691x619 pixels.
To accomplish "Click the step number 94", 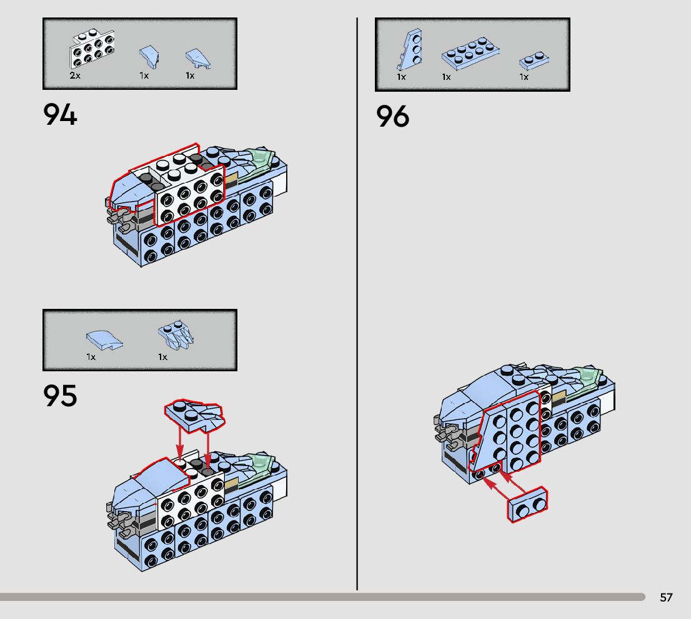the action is (x=60, y=115).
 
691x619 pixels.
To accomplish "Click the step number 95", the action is (x=60, y=396).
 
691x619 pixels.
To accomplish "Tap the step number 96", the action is (x=392, y=117).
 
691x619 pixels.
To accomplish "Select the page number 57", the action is (x=666, y=597).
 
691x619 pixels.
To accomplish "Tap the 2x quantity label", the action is (x=75, y=75).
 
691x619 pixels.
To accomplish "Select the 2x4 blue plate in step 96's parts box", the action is (x=470, y=55).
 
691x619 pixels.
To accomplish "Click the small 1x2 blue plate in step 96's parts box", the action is (x=534, y=61).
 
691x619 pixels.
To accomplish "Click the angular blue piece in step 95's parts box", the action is (x=176, y=334).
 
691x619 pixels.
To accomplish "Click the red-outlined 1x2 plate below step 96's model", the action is (x=529, y=504).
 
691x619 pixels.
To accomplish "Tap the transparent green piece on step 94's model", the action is (x=259, y=163).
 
